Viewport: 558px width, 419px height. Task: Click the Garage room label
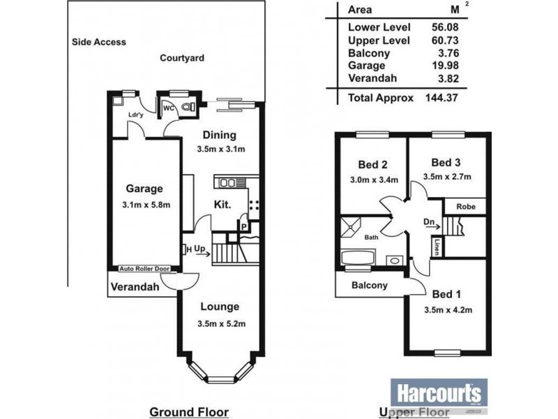tap(144, 189)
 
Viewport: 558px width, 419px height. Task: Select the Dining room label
tap(220, 135)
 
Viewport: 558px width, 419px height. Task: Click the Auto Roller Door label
tap(144, 267)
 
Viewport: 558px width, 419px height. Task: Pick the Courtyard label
tap(182, 59)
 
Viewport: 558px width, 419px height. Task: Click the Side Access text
tap(99, 42)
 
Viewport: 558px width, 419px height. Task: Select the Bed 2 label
tap(372, 166)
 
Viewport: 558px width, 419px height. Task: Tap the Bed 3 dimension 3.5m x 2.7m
tap(447, 177)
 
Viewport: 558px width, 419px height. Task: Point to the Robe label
tap(466, 207)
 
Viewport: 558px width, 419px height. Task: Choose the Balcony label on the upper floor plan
tap(369, 286)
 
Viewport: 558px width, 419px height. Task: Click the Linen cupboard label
tap(436, 247)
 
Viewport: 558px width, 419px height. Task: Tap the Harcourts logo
tap(438, 391)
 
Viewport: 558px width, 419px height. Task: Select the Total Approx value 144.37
tap(441, 98)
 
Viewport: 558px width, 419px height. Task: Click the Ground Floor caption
tap(189, 411)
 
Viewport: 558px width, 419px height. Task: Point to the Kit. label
tap(223, 205)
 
